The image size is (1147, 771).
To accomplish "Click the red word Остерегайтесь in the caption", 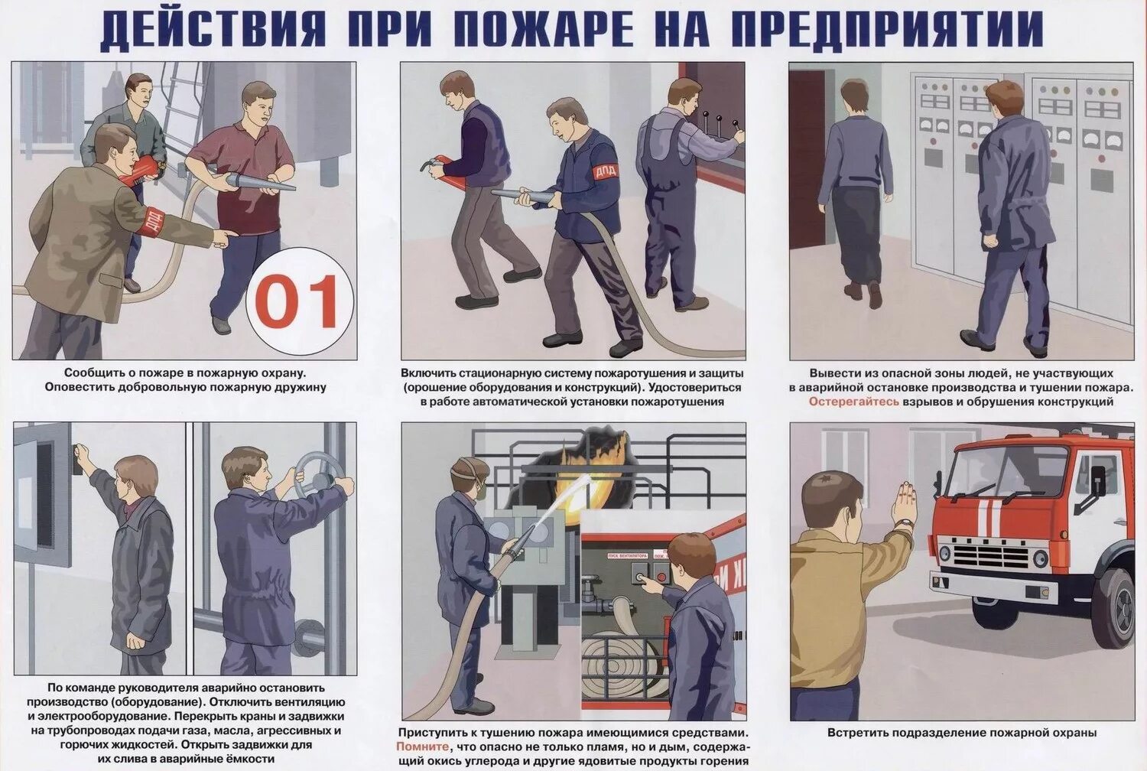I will click(x=854, y=402).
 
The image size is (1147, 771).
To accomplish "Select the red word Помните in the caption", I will click(x=422, y=746).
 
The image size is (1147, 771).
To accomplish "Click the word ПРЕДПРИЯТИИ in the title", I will click(x=887, y=29).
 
